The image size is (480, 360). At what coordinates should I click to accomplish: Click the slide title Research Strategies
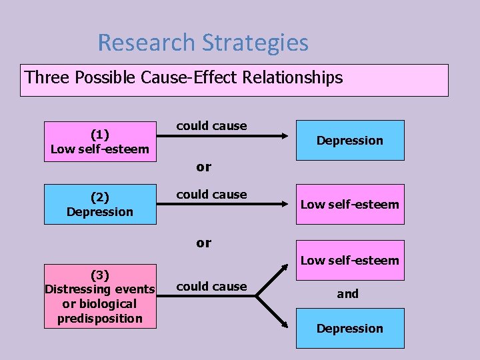click(203, 43)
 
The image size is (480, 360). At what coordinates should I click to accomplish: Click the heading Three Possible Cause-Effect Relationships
click(184, 78)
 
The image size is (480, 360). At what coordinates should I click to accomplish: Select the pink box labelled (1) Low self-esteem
click(100, 141)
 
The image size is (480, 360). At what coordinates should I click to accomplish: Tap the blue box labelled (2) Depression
click(100, 204)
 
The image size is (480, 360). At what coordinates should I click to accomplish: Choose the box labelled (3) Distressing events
click(99, 296)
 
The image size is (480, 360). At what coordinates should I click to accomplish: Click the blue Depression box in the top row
click(350, 140)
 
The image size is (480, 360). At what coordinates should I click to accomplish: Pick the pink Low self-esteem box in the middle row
click(350, 204)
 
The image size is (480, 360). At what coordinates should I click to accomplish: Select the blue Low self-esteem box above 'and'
click(350, 261)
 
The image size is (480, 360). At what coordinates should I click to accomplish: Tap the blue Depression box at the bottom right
click(350, 328)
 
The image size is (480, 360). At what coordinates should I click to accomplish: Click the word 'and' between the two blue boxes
click(347, 293)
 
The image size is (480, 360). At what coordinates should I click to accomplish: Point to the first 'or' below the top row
click(204, 167)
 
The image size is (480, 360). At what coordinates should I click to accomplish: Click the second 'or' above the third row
click(204, 243)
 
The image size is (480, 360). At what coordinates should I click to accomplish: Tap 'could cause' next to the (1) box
click(211, 126)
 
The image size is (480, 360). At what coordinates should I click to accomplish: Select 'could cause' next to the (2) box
click(211, 195)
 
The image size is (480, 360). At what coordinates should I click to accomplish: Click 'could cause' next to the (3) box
click(211, 287)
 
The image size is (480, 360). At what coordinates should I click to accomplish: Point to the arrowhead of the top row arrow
click(288, 136)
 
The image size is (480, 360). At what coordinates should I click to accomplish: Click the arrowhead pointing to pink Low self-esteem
click(288, 204)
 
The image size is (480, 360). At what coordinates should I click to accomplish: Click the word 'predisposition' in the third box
click(99, 318)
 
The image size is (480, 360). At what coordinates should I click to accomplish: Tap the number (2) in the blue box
click(100, 197)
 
